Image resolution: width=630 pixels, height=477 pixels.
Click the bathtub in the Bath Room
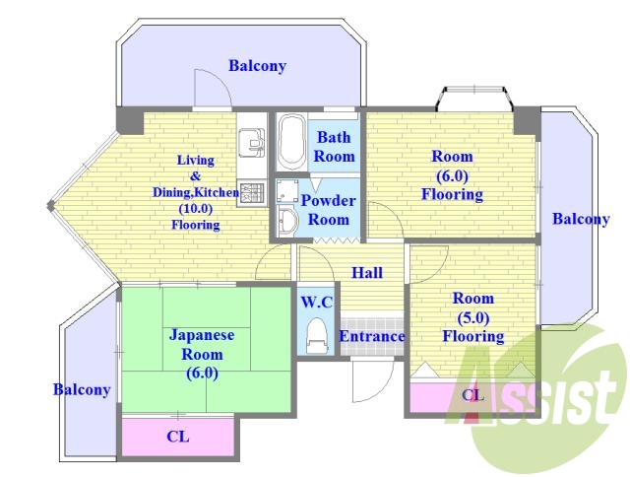click(291, 143)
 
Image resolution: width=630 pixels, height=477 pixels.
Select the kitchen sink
click(252, 143)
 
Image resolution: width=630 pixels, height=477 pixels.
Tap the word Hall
click(367, 273)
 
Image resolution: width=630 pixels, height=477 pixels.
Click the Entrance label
click(372, 336)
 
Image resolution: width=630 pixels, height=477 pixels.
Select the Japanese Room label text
click(202, 354)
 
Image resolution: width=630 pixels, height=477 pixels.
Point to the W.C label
click(317, 302)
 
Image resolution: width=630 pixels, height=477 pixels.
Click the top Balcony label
click(258, 66)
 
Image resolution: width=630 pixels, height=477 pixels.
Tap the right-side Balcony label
click(581, 219)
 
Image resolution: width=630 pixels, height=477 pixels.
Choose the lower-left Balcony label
click(82, 389)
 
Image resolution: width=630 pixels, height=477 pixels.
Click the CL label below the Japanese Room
click(177, 436)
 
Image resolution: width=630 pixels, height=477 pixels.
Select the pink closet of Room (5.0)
click(472, 397)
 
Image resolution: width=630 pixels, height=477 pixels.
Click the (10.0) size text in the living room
click(196, 208)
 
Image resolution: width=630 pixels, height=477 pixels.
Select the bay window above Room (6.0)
click(474, 97)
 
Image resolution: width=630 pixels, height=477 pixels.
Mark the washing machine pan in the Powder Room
click(286, 190)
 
